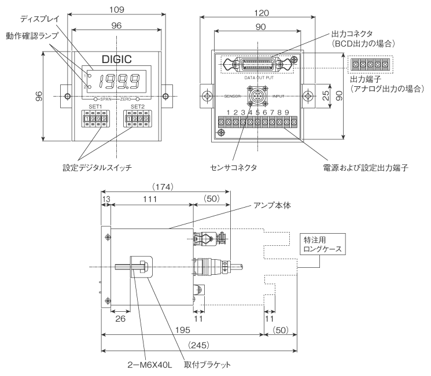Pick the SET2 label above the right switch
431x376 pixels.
coord(138,106)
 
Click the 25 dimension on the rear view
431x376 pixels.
coord(326,95)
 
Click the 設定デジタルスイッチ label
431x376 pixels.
coord(97,168)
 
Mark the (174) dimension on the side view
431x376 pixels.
coord(165,187)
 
